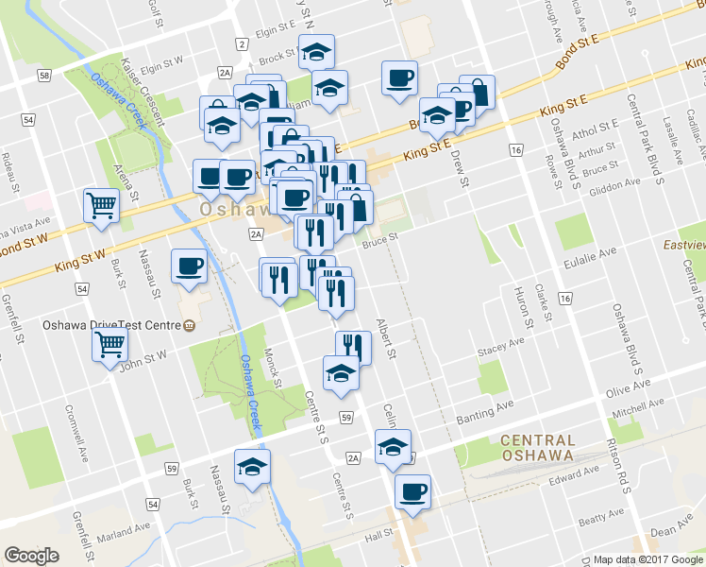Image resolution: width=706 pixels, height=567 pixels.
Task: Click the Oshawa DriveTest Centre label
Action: click(x=111, y=326)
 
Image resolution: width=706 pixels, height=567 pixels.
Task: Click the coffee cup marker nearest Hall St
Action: click(x=412, y=491)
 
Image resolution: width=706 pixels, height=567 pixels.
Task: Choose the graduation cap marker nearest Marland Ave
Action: click(x=252, y=467)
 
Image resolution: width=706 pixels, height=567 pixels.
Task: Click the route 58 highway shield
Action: click(x=44, y=75)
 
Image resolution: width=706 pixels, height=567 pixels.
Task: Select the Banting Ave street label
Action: click(x=487, y=405)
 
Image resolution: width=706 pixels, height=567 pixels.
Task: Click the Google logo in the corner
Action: click(x=31, y=556)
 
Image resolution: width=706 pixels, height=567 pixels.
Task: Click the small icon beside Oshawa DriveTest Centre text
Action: click(x=189, y=326)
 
